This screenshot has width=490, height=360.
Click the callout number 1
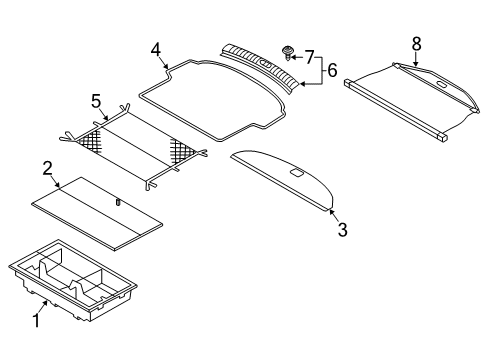point(36,320)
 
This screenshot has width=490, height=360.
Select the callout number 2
point(48,169)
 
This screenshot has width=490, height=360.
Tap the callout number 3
point(343,230)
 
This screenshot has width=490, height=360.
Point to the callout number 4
point(156,50)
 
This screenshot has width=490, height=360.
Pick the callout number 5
point(96,101)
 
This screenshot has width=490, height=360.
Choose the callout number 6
point(332,70)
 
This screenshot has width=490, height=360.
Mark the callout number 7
point(310,57)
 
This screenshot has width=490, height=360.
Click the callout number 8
point(416,44)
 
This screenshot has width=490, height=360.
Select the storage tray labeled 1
point(73,280)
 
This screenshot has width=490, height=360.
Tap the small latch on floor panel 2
point(118,202)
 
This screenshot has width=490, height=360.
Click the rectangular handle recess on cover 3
point(296,172)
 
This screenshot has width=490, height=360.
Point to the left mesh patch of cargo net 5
point(90,141)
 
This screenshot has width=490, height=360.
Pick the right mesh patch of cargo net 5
point(182,153)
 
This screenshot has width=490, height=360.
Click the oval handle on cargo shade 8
point(441,84)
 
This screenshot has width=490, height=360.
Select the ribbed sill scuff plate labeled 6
point(259,66)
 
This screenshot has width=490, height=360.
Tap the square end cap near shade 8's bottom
point(442,137)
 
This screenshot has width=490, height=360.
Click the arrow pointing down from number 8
point(415,59)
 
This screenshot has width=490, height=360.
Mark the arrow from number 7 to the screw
point(297,57)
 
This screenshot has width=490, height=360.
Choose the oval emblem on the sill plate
point(265,62)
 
